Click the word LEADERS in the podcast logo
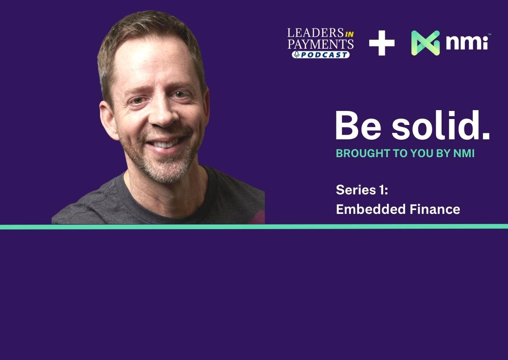point(315,33)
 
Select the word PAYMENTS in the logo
point(321,44)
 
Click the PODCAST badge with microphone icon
point(321,55)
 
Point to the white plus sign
point(382,43)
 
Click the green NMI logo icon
point(426,43)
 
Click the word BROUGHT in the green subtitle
point(363,153)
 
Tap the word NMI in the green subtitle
point(464,153)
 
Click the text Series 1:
point(362,190)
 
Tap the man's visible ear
point(108,120)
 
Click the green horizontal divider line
point(254,227)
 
